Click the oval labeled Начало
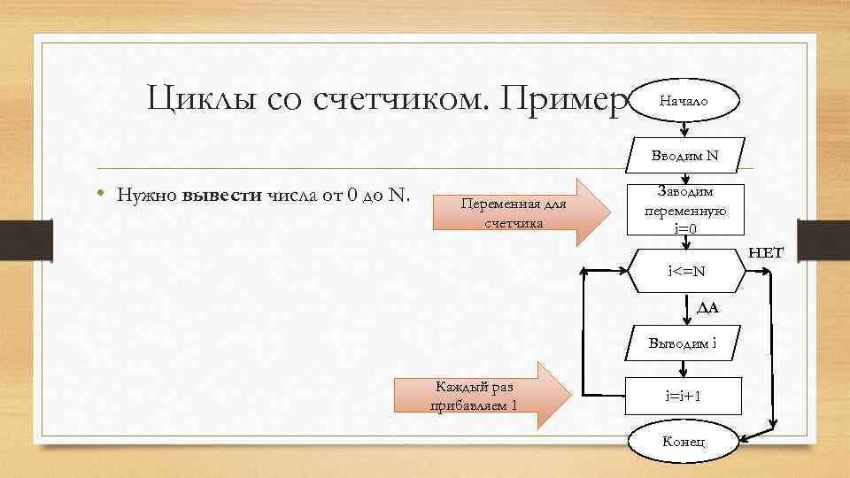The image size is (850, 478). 684,102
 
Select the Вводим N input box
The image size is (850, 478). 685,155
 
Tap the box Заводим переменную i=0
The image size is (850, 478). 685,211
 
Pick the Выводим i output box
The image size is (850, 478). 685,343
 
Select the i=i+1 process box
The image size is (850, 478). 685,396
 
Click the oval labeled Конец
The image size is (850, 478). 684,442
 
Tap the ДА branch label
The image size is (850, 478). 707,308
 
